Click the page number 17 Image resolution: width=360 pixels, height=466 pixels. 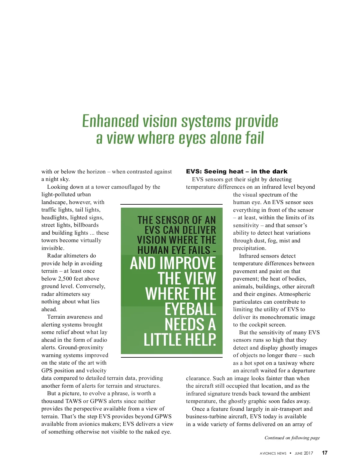tap(325, 453)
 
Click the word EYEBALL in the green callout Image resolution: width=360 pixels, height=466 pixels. tap(190, 309)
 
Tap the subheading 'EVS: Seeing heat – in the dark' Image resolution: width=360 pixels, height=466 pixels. tap(236, 171)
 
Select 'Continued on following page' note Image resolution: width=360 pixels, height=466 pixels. tap(292, 438)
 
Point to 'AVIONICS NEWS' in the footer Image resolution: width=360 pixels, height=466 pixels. tap(273, 453)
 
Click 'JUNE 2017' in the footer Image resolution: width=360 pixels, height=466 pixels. tap(304, 453)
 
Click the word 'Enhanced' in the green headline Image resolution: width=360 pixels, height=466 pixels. tap(111, 121)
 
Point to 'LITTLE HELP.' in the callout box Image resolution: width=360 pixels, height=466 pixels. tap(180, 340)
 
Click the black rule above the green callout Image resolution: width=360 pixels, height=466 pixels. tap(171, 204)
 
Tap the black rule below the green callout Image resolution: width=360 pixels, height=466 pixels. tap(171, 357)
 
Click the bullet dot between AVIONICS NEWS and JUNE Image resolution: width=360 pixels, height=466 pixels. tap(290, 453)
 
